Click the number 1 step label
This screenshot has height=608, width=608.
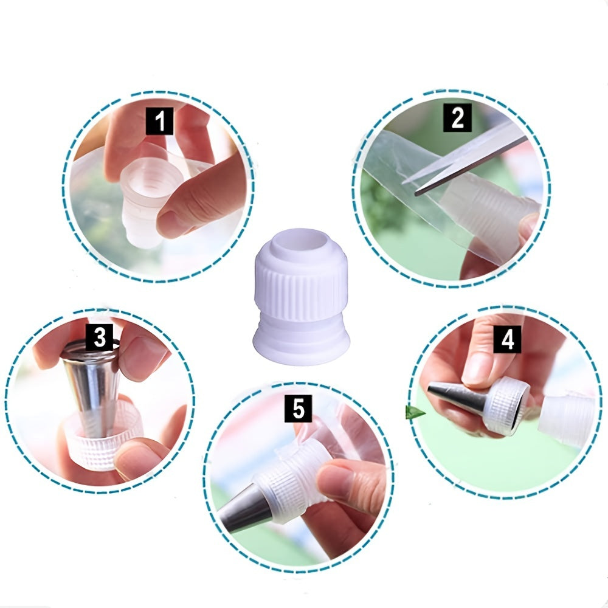[160, 120]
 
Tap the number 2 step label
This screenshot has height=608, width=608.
[457, 118]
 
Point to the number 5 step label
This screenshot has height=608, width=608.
[297, 408]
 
